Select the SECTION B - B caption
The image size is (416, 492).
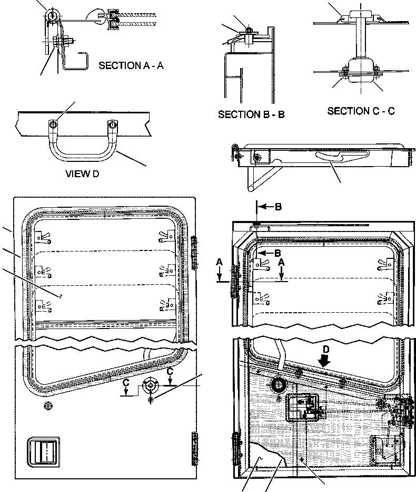251,114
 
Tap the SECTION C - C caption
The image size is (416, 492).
361,111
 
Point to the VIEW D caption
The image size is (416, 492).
82,175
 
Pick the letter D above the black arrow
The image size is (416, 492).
325,350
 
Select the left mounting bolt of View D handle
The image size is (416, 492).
53,124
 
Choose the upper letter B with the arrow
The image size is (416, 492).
278,207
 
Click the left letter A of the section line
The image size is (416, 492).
221,261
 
